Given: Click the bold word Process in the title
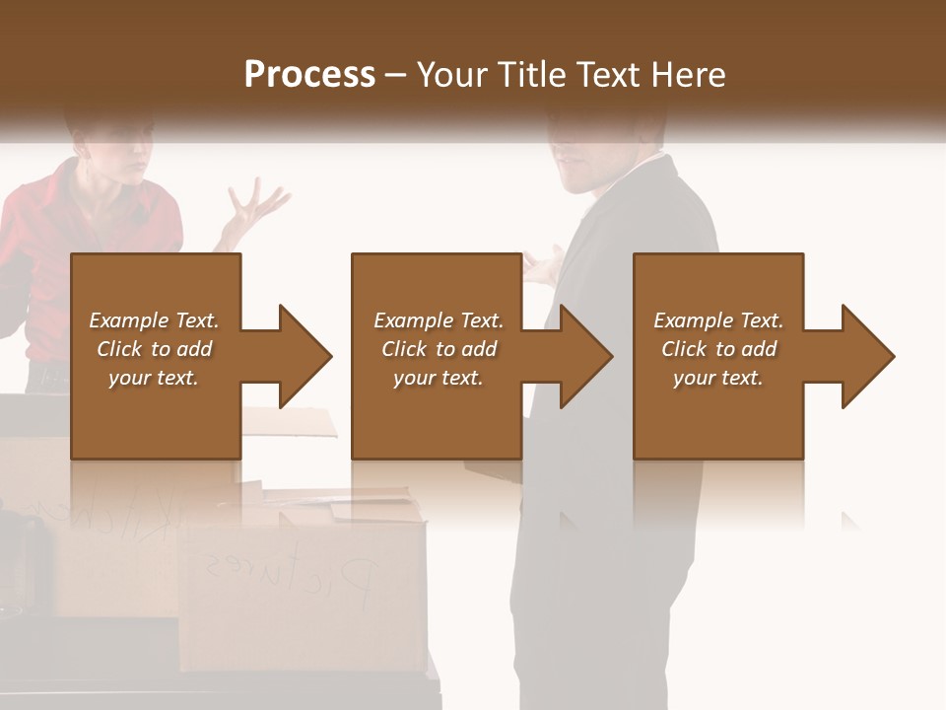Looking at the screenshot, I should click(x=309, y=75).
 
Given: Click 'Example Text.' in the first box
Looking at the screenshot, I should click(x=154, y=320).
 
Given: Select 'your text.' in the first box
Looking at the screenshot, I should click(x=154, y=378).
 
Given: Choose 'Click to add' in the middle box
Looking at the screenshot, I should click(x=439, y=349).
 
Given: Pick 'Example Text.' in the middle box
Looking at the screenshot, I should click(x=439, y=320).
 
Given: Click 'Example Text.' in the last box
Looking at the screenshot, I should click(x=718, y=320).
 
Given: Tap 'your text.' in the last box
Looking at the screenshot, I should click(x=718, y=378).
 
